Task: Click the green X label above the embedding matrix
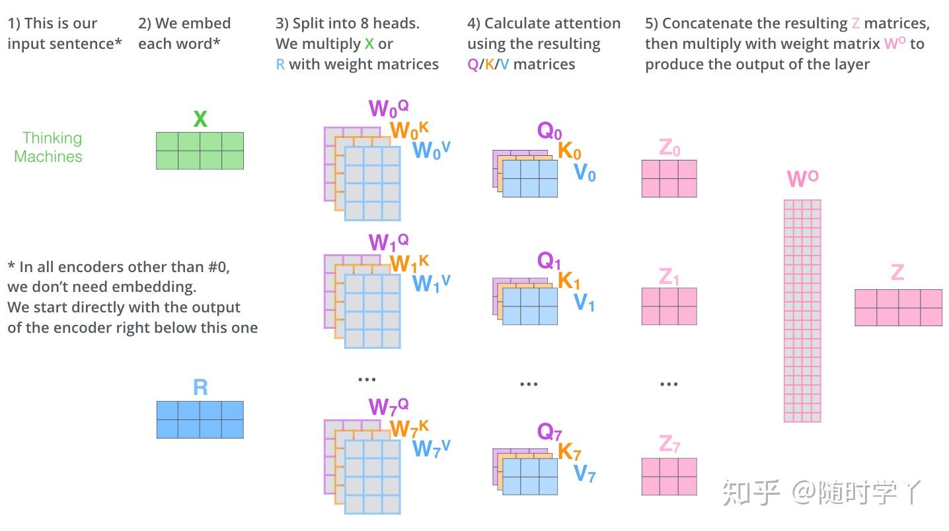click(200, 120)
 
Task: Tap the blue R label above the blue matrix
click(200, 388)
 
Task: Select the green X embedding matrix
click(200, 151)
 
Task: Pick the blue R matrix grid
click(200, 419)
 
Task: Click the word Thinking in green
click(52, 138)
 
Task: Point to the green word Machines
click(48, 157)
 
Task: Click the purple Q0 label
click(549, 131)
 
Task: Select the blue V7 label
click(584, 473)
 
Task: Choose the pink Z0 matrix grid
click(669, 178)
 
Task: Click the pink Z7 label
click(669, 444)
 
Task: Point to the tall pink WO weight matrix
click(802, 310)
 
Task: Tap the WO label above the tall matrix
click(802, 179)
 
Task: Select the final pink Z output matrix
click(898, 307)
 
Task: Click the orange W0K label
click(409, 130)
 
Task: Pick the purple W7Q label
click(389, 406)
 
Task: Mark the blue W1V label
click(431, 283)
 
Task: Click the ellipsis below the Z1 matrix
click(669, 384)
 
